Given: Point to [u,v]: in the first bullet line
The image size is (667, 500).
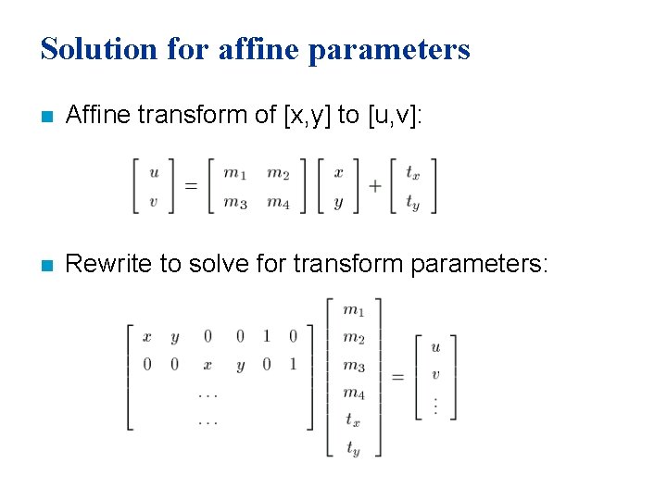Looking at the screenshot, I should coord(395,115).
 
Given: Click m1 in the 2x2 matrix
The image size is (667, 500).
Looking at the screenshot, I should coord(235,172).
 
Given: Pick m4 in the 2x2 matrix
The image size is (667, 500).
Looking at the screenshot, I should coord(278,202).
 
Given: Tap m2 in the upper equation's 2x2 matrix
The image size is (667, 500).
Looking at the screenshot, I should coord(278,172).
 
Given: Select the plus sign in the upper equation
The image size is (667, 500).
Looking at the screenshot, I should coord(375,186).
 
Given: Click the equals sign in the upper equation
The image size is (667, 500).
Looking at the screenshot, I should coord(191,186).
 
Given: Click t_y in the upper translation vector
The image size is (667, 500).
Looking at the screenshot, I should coord(413,203).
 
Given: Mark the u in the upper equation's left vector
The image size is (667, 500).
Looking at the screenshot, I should coord(154,171).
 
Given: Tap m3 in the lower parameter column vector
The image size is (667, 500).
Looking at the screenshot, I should coord(353,366).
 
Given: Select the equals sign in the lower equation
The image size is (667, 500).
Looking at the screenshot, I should coord(397,377).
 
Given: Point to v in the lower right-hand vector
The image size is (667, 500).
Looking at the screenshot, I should coord(435,375).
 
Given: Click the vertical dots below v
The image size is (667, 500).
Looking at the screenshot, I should coord(435,404).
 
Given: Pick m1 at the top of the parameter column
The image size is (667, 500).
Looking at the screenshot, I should coord(353,310).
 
